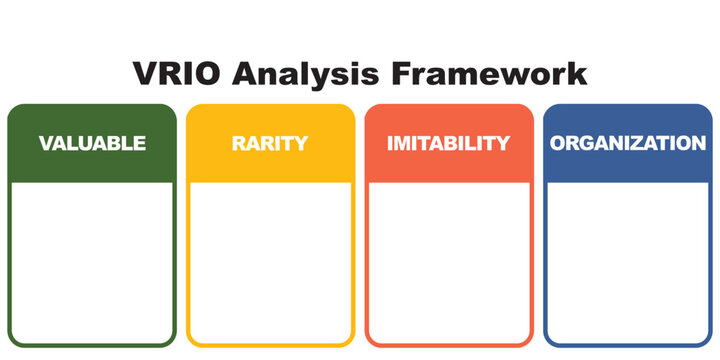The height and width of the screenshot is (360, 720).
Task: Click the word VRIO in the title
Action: [x=176, y=75]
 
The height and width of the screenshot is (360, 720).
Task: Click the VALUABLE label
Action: [x=92, y=143]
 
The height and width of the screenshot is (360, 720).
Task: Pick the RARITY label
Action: [x=270, y=143]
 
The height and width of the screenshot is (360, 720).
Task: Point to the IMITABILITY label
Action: [x=448, y=143]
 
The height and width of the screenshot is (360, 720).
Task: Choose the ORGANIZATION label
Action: [x=628, y=143]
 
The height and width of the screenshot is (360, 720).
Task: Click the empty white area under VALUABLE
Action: [x=92, y=260]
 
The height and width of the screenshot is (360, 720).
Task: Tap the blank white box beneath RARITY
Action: [x=270, y=260]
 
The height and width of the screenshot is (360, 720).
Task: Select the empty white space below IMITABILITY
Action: [x=448, y=260]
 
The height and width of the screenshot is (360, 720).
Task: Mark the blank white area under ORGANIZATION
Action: [x=628, y=260]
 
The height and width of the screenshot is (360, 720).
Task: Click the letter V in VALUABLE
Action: [x=46, y=143]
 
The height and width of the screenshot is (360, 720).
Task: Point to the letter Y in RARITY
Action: [x=301, y=143]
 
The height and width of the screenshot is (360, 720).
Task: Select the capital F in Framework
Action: [x=403, y=75]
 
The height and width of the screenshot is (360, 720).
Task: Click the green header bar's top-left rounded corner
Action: [x=14, y=110]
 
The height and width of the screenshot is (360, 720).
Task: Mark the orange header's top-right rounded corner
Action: [x=527, y=110]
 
